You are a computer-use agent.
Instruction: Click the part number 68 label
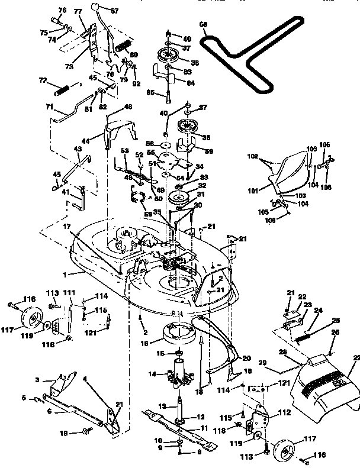point(204,25)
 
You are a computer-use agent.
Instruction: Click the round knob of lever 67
point(95,7)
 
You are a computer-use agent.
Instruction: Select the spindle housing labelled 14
point(178,376)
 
